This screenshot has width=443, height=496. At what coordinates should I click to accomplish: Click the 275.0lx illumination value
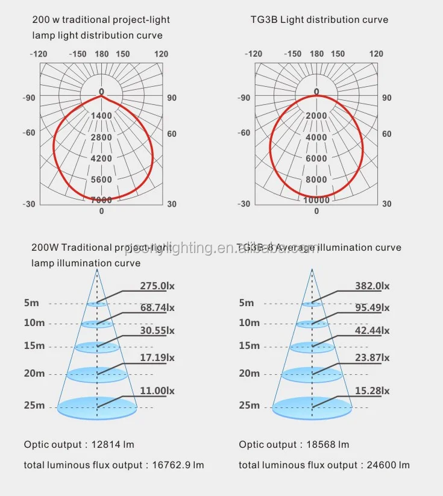click(x=158, y=286)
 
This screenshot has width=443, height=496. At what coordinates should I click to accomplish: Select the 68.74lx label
click(x=158, y=307)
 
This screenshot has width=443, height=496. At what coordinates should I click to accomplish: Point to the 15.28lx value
click(x=372, y=391)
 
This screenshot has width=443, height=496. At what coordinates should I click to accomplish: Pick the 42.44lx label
click(x=372, y=330)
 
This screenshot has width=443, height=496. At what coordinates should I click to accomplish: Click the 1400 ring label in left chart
click(x=101, y=115)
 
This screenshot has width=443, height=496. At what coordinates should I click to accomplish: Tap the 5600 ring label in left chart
click(x=101, y=180)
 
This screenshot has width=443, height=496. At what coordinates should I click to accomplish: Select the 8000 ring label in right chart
click(x=316, y=180)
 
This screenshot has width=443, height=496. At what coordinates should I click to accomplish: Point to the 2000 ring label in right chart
click(x=316, y=115)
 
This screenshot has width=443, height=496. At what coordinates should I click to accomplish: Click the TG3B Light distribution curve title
click(x=319, y=20)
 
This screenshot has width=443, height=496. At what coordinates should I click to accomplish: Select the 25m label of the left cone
click(x=34, y=405)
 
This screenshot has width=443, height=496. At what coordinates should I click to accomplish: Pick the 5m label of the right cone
click(x=247, y=303)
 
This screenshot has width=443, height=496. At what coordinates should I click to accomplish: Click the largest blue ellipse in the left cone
click(x=98, y=408)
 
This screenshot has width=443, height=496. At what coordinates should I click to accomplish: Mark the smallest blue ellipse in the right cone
click(x=312, y=304)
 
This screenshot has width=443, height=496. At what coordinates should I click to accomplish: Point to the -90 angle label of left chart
click(x=29, y=98)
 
